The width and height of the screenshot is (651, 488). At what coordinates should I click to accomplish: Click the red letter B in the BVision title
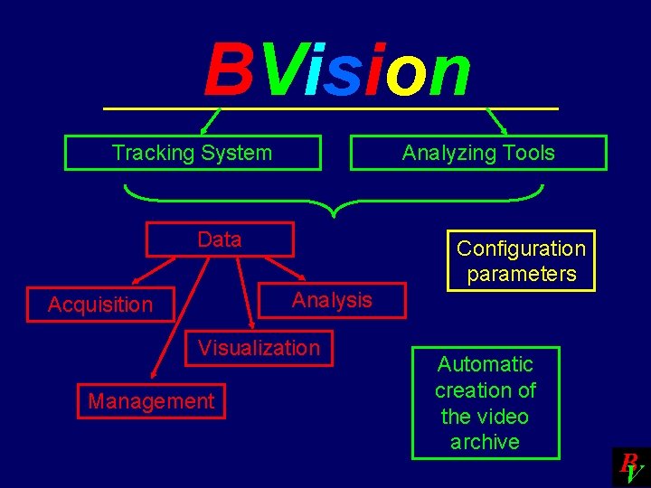228,72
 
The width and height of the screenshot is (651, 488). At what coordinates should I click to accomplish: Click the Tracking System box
193,153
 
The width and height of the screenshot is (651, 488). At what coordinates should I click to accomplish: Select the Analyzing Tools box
478,153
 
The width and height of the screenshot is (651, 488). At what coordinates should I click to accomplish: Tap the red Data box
220,239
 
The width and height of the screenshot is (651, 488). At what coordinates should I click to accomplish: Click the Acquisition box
100,305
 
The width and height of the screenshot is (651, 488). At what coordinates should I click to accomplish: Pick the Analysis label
332,300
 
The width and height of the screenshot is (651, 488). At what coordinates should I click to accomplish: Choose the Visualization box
259,348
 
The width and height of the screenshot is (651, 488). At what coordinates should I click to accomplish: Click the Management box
151,401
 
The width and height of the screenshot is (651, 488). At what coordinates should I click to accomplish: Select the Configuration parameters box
521,261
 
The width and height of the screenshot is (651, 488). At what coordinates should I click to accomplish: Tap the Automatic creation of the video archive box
486,403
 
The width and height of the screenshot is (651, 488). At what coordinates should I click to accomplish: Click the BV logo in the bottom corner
631,467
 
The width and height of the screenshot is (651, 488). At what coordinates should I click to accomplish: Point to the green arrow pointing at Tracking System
210,121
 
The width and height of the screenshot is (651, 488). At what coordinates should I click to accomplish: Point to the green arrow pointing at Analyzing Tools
497,121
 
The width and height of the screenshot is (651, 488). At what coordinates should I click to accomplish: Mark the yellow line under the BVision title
331,109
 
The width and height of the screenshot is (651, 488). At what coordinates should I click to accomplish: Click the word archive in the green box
486,442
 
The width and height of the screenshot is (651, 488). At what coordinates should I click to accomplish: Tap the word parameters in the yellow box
522,274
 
